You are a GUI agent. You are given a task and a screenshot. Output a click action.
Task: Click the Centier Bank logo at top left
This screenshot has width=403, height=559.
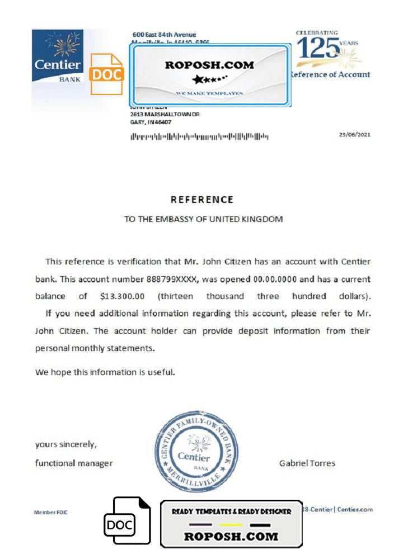coord(57,56)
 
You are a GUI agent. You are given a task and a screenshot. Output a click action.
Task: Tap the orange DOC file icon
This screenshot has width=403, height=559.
coord(107,74)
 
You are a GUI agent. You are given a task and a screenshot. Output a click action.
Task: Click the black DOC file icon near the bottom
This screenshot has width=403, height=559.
coord(128,520)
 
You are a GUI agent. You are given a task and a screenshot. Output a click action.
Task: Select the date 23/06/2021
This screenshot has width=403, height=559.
coord(355,135)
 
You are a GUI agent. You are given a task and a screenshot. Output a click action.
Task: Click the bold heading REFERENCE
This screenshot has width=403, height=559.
coord(201,200)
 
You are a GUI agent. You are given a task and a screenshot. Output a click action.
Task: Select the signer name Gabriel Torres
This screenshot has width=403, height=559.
coord(307,463)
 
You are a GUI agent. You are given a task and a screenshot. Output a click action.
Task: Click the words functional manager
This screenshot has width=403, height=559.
coord(73,463)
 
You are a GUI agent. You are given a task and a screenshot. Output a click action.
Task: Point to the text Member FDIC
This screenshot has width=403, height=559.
coord(51,512)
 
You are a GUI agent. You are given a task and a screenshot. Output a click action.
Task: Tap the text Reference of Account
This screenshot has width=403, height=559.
coord(330,74)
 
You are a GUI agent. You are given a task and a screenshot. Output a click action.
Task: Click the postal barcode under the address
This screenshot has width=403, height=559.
coord(199,136)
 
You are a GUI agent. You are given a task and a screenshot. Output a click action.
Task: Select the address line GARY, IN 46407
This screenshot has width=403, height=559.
coord(151,122)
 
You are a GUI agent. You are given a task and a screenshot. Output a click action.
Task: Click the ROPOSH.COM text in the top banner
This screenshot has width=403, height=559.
coord(209,65)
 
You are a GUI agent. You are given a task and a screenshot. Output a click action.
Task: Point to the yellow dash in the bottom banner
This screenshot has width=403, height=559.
coord(230,525)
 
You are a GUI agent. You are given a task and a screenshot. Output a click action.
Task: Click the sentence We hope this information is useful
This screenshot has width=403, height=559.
coord(105,372)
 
